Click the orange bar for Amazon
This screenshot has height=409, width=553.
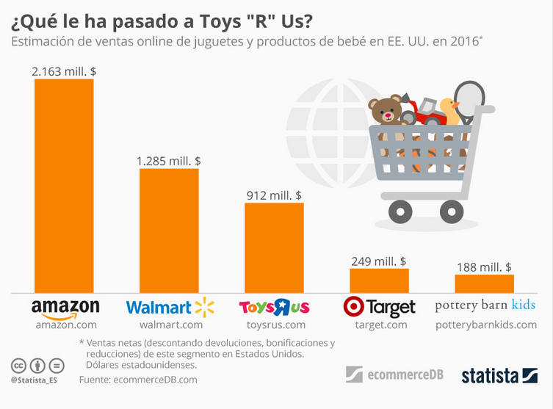pos(64,185)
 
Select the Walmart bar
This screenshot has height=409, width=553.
pos(169,230)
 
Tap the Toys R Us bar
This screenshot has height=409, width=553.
pos(274,247)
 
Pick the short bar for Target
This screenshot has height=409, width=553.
pos(379,280)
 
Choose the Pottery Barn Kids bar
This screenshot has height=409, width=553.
pos(484,283)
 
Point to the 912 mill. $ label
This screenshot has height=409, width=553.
pos(274,195)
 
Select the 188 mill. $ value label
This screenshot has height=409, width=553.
pos(484,267)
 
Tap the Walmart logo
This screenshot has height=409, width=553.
pos(169,307)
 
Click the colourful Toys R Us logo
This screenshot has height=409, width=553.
pos(274,307)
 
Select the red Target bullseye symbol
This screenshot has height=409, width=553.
pos(353,306)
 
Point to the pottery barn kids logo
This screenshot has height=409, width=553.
pos(485,305)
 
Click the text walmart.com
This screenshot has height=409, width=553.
pos(169,325)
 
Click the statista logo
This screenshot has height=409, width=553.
pos(499,376)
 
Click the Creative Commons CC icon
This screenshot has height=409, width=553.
pos(18,366)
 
